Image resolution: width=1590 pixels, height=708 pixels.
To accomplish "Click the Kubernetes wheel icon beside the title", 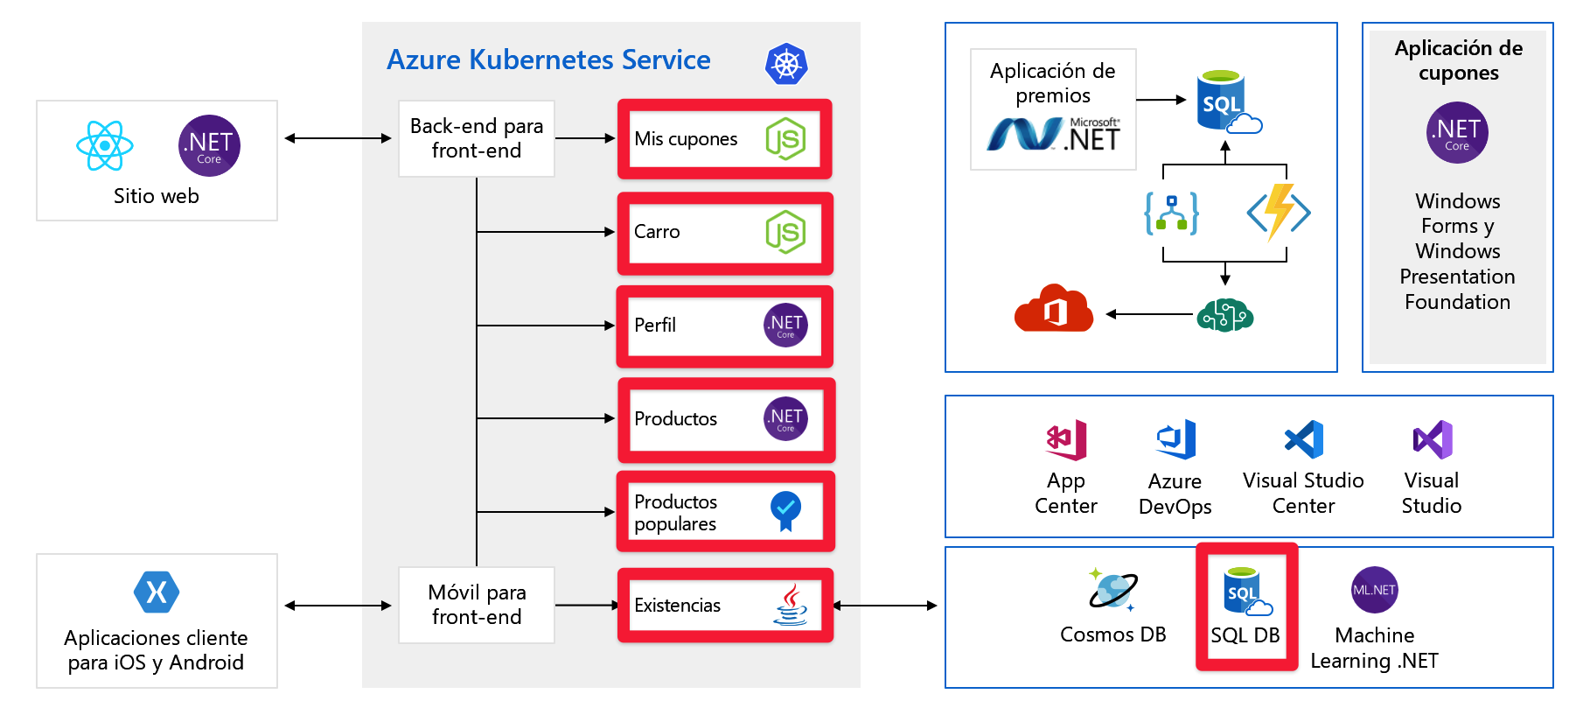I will (x=785, y=64).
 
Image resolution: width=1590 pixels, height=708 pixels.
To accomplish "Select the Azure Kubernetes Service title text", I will (x=548, y=60).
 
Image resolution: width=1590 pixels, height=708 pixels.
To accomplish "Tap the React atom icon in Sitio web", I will (x=105, y=145).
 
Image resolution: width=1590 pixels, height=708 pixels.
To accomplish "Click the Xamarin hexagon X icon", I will (x=157, y=592).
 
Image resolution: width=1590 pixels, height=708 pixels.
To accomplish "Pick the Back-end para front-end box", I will (x=477, y=138).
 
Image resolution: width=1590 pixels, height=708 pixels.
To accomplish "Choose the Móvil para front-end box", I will (x=477, y=605).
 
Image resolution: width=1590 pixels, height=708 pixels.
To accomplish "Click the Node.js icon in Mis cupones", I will (x=785, y=138).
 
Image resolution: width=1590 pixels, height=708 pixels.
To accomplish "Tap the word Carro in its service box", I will (x=657, y=232).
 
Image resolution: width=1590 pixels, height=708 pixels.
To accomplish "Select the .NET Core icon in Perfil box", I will (x=785, y=326).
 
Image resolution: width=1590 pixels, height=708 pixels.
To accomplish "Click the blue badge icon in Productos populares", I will (x=785, y=510).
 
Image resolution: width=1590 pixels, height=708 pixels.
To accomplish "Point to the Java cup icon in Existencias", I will (x=791, y=605).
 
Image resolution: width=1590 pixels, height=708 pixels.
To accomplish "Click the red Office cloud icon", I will (x=1054, y=309).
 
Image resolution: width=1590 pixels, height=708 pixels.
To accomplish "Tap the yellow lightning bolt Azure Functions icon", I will (x=1279, y=211).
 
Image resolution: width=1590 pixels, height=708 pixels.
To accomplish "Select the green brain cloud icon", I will (x=1224, y=314).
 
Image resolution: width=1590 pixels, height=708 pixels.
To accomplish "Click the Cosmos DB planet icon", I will (x=1112, y=590).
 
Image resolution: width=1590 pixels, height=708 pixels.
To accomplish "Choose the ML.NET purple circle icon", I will (x=1374, y=590).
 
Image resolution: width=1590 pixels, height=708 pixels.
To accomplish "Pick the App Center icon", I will (x=1066, y=439).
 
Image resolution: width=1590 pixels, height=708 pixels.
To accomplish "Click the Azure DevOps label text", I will (x=1175, y=494).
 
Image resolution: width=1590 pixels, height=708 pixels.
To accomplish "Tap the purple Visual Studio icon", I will (x=1432, y=439).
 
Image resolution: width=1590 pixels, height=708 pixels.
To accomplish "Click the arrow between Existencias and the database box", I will (x=885, y=605).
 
